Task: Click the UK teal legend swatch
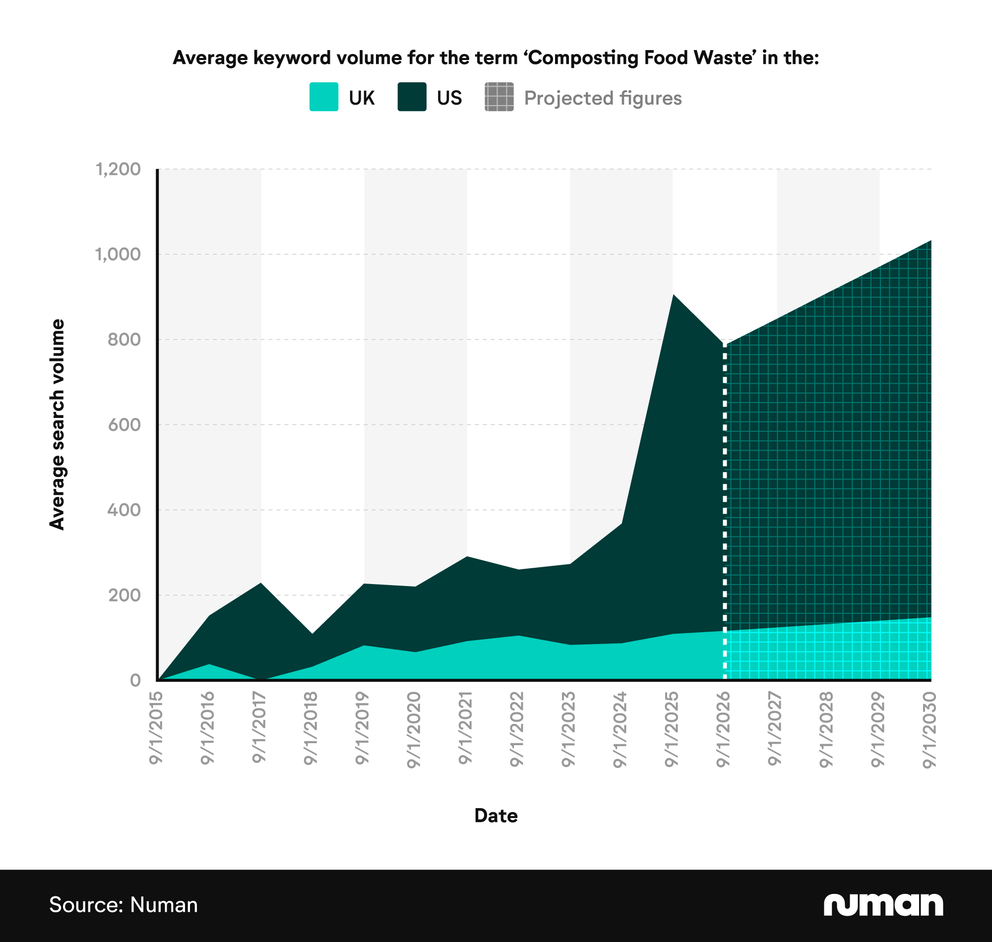tap(323, 97)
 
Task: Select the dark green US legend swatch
tap(412, 97)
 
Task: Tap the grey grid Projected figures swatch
tap(499, 97)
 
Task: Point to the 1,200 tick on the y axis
tap(119, 169)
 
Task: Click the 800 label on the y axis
tap(124, 340)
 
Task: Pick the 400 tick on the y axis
tap(124, 510)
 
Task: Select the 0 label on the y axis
tap(135, 680)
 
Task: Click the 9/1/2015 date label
tap(156, 728)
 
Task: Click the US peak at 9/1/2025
tap(673, 295)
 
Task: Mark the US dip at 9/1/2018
tap(312, 634)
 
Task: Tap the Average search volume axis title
tap(57, 424)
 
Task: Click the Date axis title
tap(496, 816)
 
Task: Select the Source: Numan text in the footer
tap(124, 905)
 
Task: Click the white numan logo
tap(883, 904)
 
